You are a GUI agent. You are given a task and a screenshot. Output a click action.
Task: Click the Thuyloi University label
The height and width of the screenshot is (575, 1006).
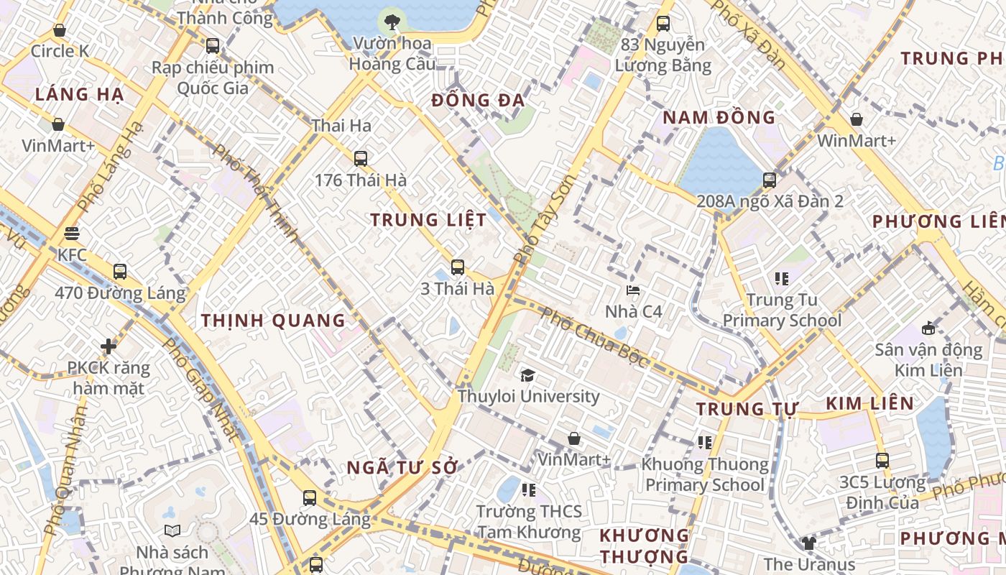coord(529,396)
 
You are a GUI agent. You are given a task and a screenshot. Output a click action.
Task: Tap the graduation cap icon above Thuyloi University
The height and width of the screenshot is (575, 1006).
coord(528,375)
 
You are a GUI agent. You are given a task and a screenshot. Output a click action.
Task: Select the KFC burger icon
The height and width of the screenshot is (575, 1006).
coord(71,234)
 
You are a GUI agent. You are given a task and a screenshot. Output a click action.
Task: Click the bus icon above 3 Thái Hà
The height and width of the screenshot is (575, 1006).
coord(457,267)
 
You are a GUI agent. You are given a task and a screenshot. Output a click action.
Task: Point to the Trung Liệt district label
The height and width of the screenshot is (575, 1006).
coord(428,220)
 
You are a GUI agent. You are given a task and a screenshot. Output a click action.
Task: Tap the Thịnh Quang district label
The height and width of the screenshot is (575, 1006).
coord(273,321)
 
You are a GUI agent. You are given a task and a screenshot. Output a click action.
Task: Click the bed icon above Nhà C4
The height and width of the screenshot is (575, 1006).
coord(633,290)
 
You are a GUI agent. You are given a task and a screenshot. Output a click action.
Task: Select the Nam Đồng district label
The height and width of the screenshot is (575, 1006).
coord(719,117)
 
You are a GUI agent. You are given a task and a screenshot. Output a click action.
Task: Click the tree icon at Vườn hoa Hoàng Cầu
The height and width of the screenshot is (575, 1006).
coord(392,22)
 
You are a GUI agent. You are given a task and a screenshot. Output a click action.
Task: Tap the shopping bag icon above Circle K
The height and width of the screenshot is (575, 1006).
coord(59,31)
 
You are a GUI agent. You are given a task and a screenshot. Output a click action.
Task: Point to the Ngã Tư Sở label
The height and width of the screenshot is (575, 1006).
coord(402,467)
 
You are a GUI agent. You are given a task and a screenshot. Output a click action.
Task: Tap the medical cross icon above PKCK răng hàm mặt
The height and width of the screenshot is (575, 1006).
coord(109,347)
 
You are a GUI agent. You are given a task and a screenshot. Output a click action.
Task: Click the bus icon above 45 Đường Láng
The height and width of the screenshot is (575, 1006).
coord(309,497)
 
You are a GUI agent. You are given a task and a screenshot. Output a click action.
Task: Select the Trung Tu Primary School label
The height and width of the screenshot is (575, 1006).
coord(782,310)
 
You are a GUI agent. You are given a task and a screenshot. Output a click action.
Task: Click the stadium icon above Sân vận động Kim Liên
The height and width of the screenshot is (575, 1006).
coord(928,328)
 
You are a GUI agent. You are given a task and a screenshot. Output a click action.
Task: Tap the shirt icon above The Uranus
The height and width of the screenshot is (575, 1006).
coord(808,543)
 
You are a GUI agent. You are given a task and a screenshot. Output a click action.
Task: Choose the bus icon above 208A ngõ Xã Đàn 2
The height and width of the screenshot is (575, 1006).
coord(770,180)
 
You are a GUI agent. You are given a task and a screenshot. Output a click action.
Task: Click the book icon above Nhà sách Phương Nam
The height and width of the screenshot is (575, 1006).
coord(172,531)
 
